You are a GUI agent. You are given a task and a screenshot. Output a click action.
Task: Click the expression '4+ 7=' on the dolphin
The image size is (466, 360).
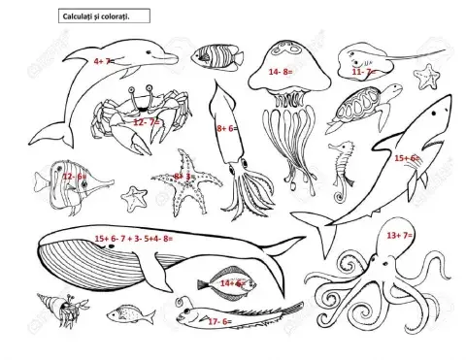tap(104, 60)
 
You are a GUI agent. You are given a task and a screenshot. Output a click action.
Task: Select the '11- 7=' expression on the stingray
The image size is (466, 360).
tap(363, 72)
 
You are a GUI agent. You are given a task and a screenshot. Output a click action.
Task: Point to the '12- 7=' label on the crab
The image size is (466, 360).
tap(146, 123)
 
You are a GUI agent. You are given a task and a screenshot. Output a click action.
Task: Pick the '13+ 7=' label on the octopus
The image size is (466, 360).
tap(399, 236)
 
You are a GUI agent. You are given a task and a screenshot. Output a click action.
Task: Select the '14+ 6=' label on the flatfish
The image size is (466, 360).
tap(231, 282)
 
